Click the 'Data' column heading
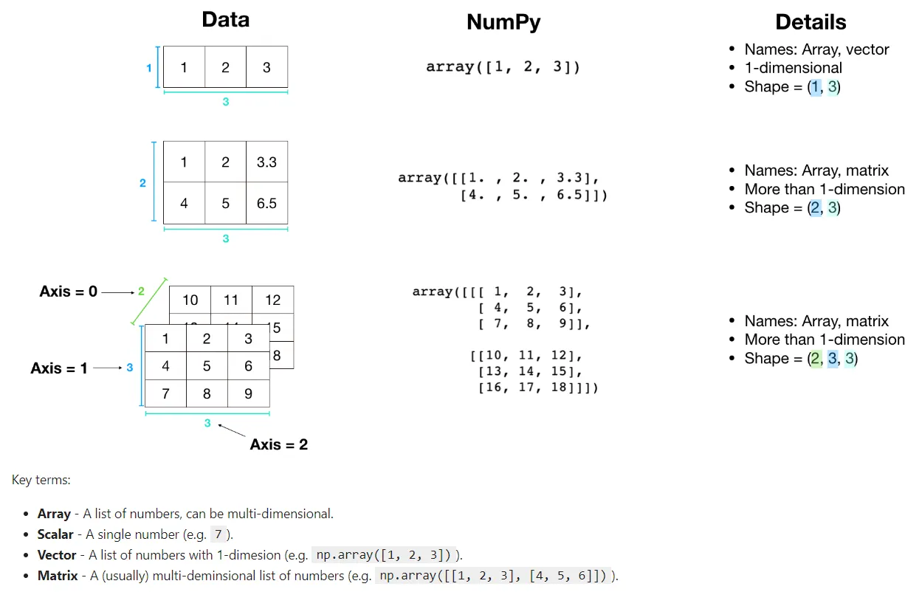pos(225,20)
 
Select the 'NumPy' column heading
pos(503,22)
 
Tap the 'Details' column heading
pos(811,21)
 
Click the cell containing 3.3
pos(266,162)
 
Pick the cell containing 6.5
pos(266,203)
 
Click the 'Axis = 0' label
pos(68,292)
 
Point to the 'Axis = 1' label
pos(59,368)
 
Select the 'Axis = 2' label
pos(279,444)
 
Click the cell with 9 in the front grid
pos(248,393)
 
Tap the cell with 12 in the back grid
pos(272,300)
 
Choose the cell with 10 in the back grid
pos(190,300)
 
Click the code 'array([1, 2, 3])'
pos(503,67)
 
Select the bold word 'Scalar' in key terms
pos(55,534)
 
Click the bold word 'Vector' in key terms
pos(57,554)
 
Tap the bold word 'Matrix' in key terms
pos(58,575)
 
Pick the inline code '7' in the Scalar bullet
pos(217,534)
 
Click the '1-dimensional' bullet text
pos(793,68)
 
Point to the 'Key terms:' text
pos(41,480)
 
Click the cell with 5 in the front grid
pos(207,365)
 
